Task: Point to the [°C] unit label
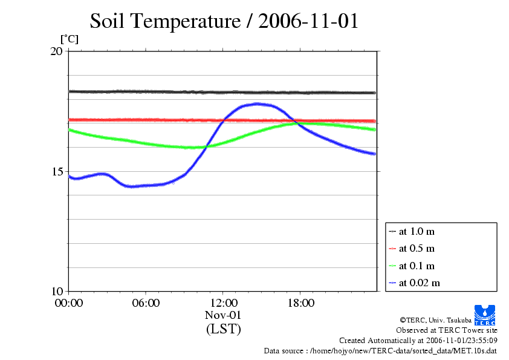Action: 69,39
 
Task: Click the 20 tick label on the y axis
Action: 56,51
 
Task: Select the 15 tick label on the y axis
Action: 56,171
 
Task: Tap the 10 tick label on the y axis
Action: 56,291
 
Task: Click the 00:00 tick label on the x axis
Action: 69,303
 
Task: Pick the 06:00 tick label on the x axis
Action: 146,303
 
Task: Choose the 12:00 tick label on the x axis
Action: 223,303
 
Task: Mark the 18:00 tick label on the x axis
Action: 300,303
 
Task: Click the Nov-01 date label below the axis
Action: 223,315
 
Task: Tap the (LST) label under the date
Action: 223,329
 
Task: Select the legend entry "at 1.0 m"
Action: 416,231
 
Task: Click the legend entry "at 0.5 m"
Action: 416,248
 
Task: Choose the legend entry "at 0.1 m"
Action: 416,266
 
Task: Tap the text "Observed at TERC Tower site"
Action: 446,330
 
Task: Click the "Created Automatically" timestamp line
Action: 418,340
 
